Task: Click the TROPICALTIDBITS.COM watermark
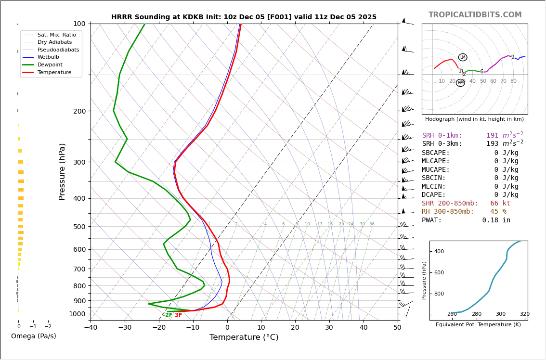[x=475, y=15]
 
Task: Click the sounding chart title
[x=244, y=17]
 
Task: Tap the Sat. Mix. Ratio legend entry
[x=56, y=35]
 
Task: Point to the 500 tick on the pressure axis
[x=79, y=227]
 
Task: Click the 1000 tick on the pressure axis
[x=77, y=314]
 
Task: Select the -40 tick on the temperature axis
[x=91, y=328]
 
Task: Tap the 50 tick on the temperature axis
[x=397, y=328]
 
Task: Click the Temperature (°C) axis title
[x=244, y=337]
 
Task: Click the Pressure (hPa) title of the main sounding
[x=62, y=171]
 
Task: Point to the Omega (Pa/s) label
[x=33, y=336]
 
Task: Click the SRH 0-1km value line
[x=472, y=136]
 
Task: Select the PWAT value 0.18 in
[x=496, y=220]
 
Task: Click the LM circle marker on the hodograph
[x=463, y=57]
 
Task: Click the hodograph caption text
[x=474, y=119]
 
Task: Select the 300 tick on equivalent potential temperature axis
[x=501, y=314]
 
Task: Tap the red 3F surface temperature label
[x=178, y=315]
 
